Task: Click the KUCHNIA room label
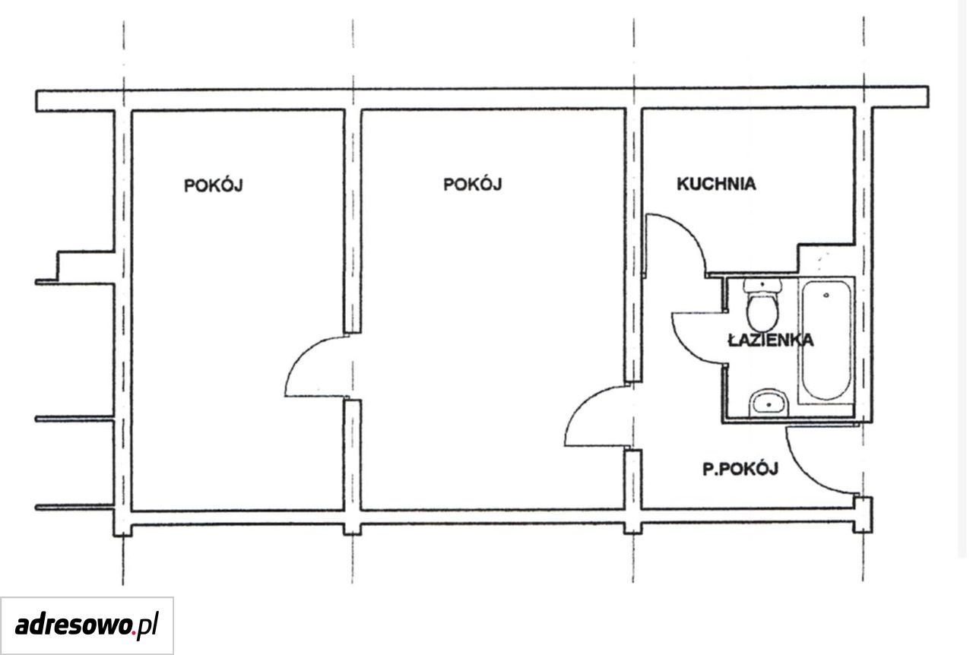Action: tap(716, 184)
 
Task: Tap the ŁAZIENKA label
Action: tap(771, 340)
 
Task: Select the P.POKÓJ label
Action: tap(740, 469)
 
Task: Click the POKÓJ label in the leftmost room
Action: tap(214, 185)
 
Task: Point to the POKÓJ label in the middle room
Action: tap(473, 184)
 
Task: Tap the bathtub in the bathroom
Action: tap(826, 340)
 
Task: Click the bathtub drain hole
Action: tap(826, 296)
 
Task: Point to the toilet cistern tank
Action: tap(762, 286)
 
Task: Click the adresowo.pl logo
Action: tap(87, 626)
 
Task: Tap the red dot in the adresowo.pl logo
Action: tap(133, 633)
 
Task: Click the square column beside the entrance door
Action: tap(862, 515)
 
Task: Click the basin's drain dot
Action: tap(769, 405)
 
